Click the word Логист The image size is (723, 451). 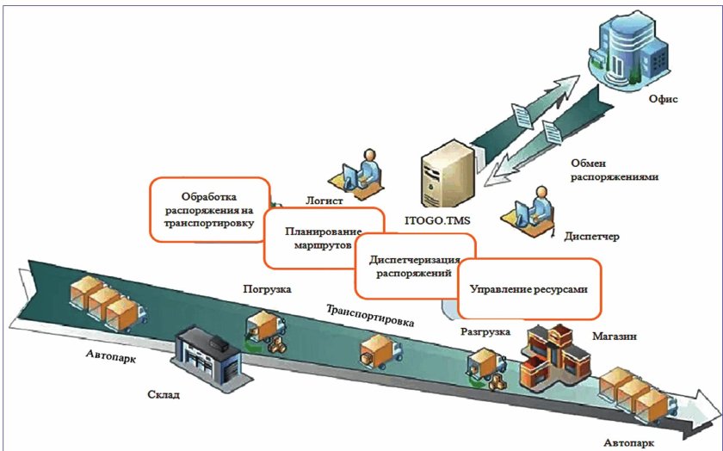pyautogui.click(x=324, y=201)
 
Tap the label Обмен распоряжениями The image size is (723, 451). pyautogui.click(x=615, y=170)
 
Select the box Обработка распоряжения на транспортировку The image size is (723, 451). pyautogui.click(x=210, y=209)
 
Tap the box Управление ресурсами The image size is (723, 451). pyautogui.click(x=528, y=289)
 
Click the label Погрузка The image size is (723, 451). pyautogui.click(x=267, y=289)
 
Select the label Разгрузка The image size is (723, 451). pyautogui.click(x=485, y=331)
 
